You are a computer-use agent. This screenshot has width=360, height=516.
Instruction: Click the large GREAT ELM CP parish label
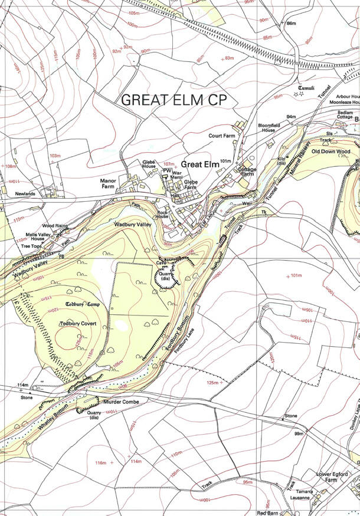174,100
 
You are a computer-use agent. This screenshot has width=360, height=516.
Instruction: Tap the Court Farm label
222,136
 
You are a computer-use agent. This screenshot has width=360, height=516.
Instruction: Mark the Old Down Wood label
331,152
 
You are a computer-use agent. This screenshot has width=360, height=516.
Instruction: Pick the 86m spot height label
290,23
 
